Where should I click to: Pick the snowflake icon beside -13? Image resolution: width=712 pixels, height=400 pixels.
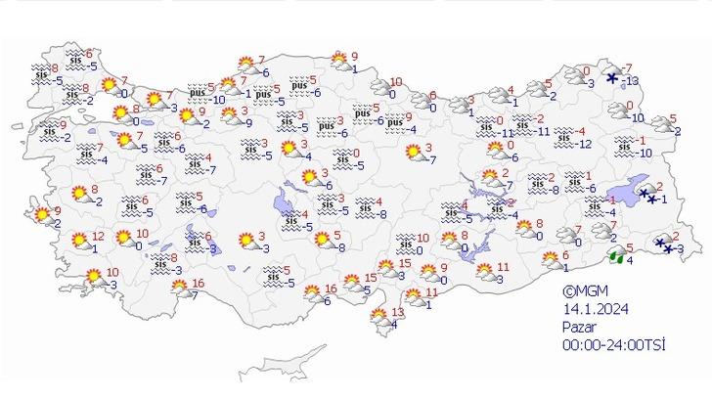612,78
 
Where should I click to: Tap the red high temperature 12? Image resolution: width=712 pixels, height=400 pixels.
97,236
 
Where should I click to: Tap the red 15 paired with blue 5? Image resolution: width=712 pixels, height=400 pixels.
371,278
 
